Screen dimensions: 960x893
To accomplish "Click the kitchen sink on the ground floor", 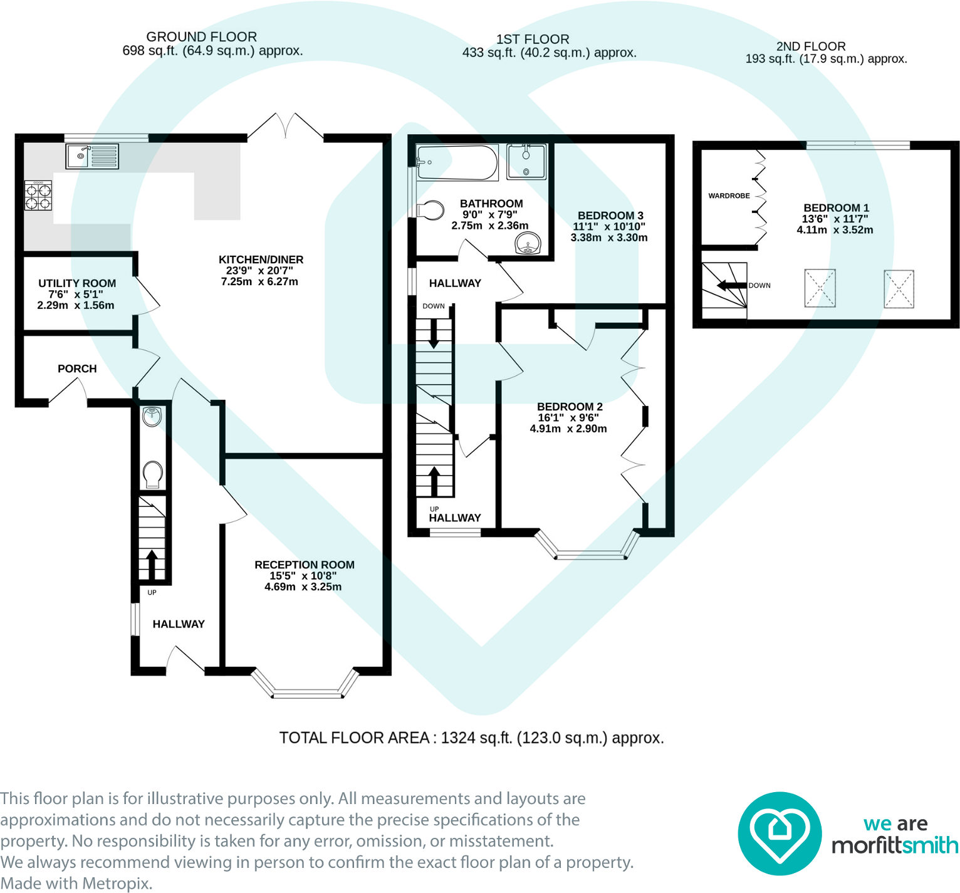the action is [x=91, y=156].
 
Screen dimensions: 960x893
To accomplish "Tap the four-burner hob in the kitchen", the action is [x=38, y=196].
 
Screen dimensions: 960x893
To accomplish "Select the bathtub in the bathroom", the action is [x=457, y=163].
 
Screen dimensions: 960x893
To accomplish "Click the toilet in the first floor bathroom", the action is [x=430, y=210].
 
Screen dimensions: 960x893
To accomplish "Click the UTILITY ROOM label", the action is [x=77, y=283].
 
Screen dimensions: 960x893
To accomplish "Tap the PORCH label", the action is [x=77, y=368].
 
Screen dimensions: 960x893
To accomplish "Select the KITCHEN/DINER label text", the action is [x=261, y=259].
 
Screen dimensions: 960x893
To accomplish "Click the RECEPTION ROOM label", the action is [x=305, y=565].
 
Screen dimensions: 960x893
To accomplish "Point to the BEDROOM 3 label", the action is [x=610, y=216].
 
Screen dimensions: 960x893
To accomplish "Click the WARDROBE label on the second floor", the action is [x=729, y=196].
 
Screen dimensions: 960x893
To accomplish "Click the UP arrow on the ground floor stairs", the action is [x=152, y=565].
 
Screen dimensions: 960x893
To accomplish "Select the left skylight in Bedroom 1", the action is [x=820, y=288].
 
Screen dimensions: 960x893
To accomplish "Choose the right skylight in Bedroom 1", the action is [x=899, y=289].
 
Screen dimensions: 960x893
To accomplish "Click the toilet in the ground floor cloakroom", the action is [x=152, y=474].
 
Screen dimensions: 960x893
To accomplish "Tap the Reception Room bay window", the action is [x=305, y=684].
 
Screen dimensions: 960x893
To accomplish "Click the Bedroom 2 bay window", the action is [x=588, y=545].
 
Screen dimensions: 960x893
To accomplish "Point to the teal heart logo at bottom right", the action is [x=780, y=833].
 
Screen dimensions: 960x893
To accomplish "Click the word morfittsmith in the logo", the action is [x=895, y=845].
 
